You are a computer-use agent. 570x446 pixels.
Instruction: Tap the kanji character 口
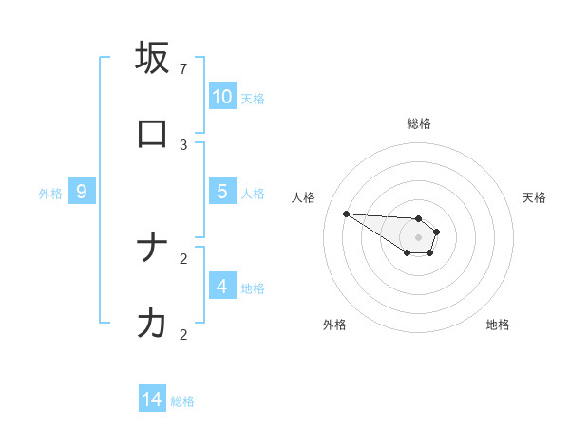tap(152, 134)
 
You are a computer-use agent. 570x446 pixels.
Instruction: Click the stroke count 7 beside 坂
tap(183, 69)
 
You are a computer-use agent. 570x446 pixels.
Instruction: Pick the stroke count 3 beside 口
tap(183, 145)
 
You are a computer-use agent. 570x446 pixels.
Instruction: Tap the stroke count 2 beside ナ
tap(183, 258)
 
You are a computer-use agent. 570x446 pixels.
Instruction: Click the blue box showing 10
tap(222, 97)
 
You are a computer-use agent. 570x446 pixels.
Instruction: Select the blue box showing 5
tap(222, 192)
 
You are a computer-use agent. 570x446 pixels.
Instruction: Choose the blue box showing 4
tap(222, 287)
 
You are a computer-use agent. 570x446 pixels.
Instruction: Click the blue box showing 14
tap(152, 400)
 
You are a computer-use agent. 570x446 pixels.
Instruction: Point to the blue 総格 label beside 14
tap(182, 401)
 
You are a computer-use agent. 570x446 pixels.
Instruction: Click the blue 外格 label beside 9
tap(50, 194)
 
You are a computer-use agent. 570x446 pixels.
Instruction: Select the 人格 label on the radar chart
tap(303, 197)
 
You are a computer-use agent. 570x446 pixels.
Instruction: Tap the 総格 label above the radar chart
tap(419, 123)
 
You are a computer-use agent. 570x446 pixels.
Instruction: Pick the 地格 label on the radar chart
tap(498, 325)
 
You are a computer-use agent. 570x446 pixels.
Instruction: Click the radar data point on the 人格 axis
tap(346, 214)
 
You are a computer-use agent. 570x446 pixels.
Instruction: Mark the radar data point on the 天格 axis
tap(437, 232)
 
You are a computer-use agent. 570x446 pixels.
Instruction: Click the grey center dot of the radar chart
tap(419, 237)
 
